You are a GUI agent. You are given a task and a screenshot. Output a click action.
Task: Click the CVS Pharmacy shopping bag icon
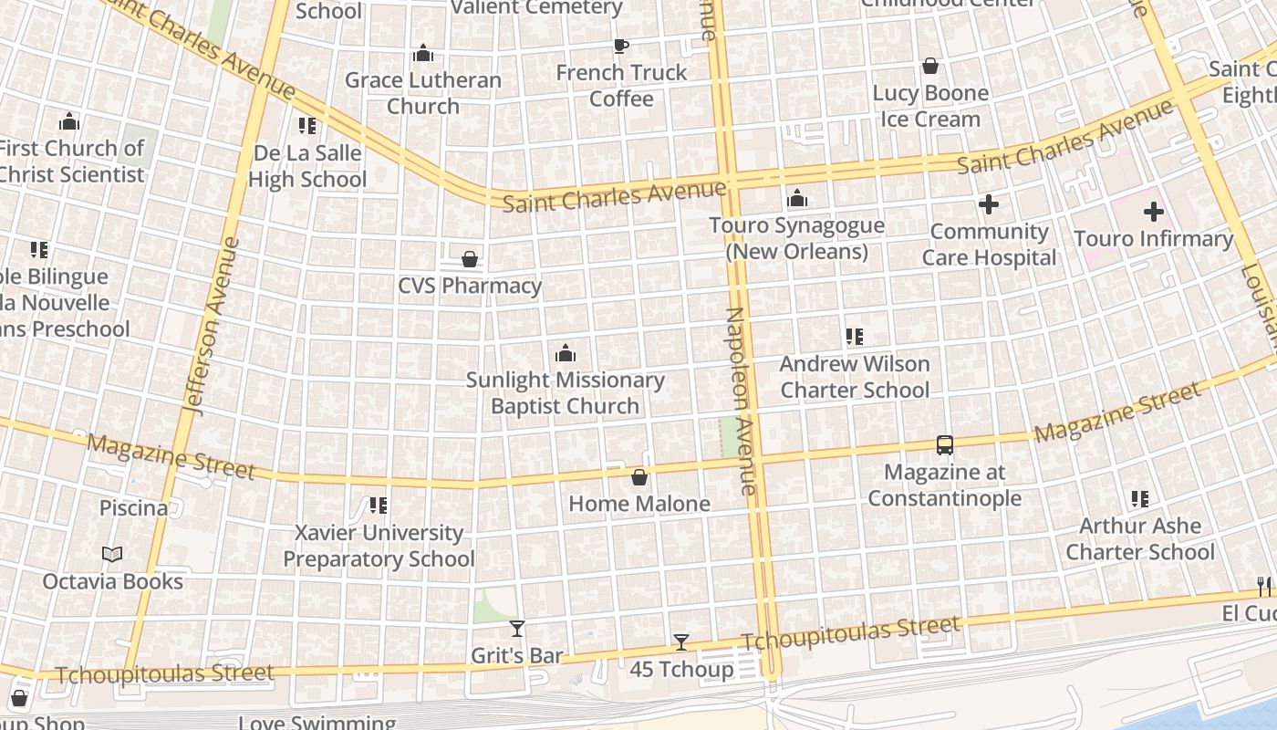click(470, 259)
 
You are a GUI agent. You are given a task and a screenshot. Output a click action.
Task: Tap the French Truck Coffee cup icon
click(621, 46)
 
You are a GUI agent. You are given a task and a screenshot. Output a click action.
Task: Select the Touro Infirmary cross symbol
click(1153, 213)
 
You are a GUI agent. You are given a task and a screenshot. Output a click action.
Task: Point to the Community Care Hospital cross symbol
click(989, 205)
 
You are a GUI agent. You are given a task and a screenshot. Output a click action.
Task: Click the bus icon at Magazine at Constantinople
click(945, 445)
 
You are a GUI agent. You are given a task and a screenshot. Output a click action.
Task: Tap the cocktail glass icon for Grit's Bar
click(517, 629)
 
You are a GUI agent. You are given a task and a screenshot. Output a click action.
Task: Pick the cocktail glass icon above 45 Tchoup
click(680, 642)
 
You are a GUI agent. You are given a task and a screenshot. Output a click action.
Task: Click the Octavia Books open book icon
click(112, 555)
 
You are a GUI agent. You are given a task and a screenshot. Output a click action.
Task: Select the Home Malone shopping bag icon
click(639, 477)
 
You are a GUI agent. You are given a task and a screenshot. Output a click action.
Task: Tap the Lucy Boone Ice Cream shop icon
click(930, 66)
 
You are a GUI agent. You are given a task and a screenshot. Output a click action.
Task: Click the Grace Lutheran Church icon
click(422, 54)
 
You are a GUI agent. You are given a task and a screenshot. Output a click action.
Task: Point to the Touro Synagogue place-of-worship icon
click(797, 198)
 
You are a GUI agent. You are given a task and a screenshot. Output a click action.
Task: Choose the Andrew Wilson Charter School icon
click(855, 337)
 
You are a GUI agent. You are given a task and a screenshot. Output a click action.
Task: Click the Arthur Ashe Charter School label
click(1140, 538)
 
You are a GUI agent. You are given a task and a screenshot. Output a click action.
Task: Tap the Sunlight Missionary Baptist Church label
click(566, 392)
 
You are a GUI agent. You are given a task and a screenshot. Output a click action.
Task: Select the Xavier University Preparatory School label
click(379, 545)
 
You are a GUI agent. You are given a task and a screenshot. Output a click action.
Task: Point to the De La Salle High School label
click(307, 165)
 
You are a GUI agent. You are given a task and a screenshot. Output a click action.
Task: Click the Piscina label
click(133, 507)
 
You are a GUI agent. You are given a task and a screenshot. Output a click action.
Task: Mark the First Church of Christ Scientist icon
click(69, 121)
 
